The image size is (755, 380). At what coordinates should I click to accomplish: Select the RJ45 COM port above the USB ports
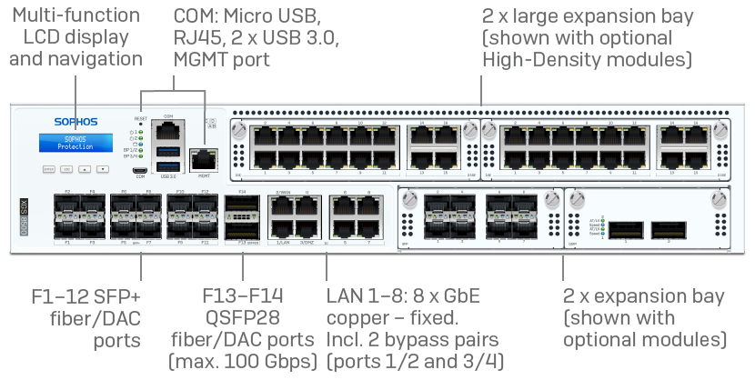(x=167, y=131)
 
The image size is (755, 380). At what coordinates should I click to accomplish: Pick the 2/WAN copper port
(x=282, y=206)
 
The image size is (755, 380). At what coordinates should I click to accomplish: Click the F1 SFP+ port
(x=68, y=228)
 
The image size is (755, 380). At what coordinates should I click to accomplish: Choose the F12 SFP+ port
(x=204, y=206)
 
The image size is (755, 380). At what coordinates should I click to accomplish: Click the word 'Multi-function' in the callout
(x=76, y=15)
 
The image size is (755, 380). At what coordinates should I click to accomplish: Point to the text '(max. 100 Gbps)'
(x=243, y=363)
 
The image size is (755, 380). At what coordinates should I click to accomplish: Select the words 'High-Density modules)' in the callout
(x=587, y=59)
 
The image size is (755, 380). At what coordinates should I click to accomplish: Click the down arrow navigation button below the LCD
(x=103, y=169)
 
